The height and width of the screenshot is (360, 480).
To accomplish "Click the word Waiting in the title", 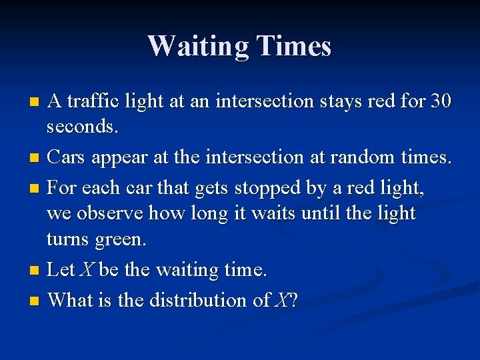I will (x=197, y=46).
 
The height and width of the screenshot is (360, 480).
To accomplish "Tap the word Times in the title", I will (x=293, y=46).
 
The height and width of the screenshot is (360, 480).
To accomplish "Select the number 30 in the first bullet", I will (x=441, y=101).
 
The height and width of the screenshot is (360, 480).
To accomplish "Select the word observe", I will (x=108, y=213).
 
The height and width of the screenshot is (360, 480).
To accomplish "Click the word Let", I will (x=61, y=270).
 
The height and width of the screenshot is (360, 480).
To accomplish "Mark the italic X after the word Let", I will (x=87, y=270).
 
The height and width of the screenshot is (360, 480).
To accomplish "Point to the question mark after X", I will (x=293, y=300).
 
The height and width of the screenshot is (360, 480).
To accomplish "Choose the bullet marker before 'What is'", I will (x=35, y=301).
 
